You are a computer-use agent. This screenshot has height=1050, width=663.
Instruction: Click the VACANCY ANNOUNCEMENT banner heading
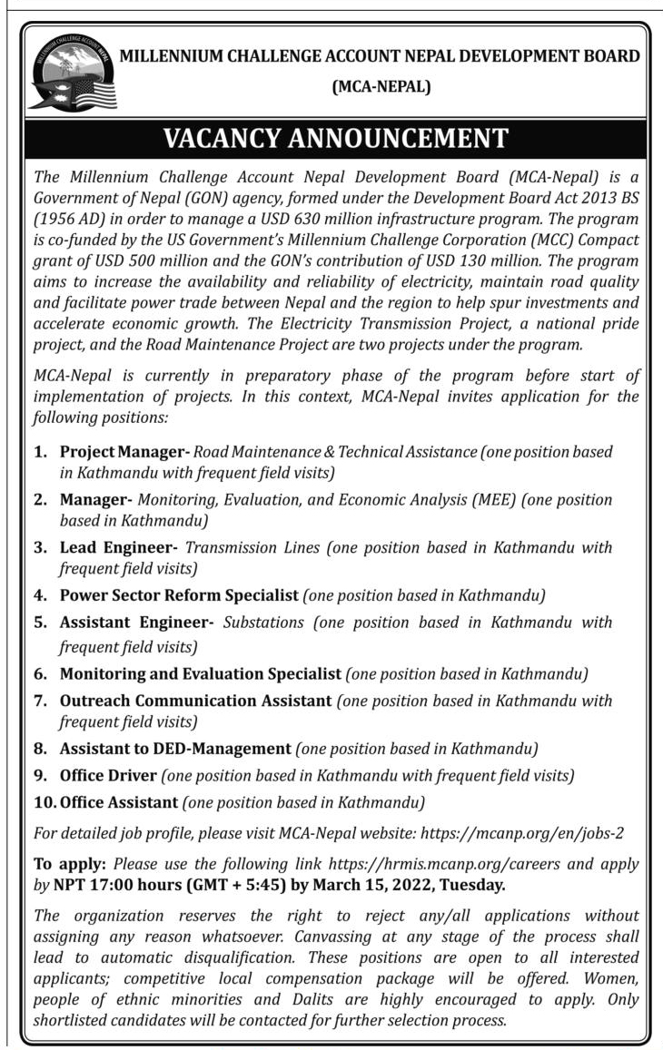(335, 139)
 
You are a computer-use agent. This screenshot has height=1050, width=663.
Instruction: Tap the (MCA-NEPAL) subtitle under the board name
(381, 87)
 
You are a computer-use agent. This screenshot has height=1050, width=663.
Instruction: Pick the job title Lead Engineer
(117, 547)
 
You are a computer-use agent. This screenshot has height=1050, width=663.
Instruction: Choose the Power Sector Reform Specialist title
(179, 595)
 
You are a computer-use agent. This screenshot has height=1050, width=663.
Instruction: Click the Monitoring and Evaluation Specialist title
(201, 674)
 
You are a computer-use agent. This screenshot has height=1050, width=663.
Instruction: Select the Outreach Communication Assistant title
(195, 701)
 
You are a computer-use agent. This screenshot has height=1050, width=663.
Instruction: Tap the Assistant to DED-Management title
(174, 749)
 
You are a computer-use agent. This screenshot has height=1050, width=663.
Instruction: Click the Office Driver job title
(108, 776)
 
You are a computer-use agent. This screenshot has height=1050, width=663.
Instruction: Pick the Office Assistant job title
(118, 802)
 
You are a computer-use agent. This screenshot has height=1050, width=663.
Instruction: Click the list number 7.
(40, 702)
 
